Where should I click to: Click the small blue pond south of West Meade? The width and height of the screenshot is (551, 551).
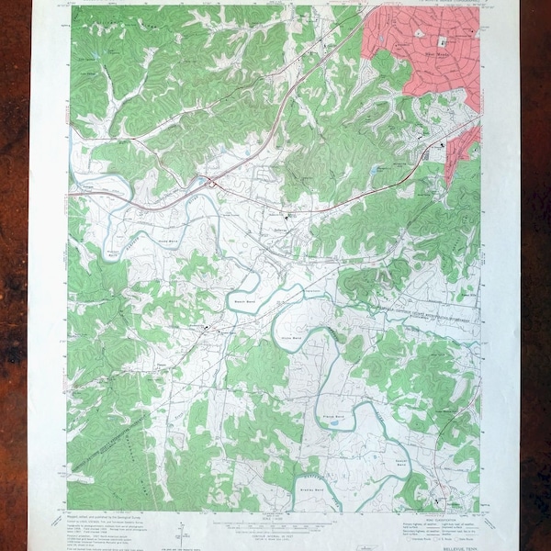[377, 169]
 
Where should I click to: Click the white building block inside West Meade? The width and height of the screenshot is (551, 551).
[441, 41]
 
